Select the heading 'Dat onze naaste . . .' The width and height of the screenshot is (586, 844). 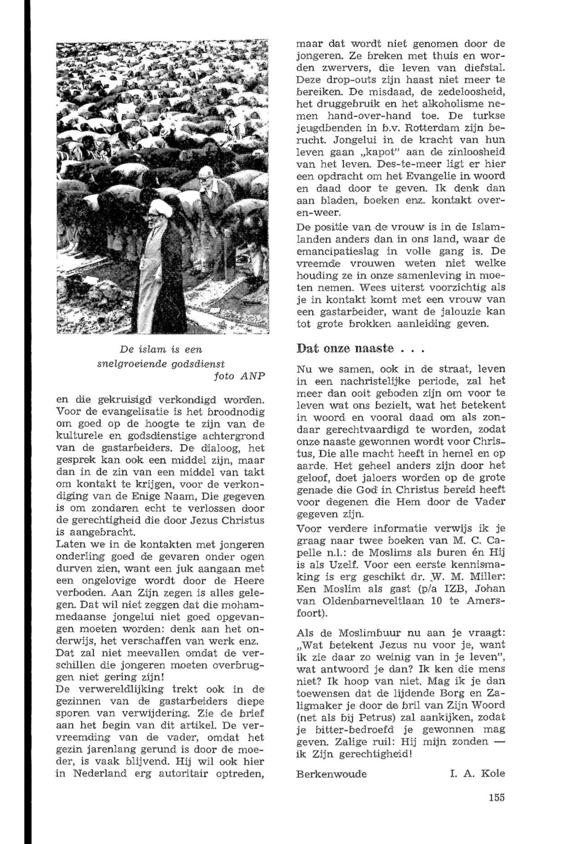(360, 348)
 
